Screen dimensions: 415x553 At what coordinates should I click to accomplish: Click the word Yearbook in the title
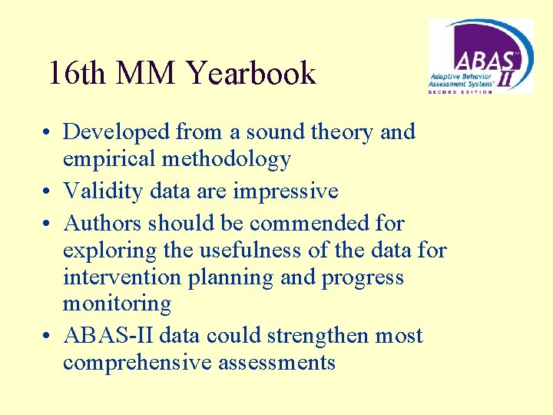(x=251, y=74)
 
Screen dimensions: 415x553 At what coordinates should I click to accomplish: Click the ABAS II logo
(x=480, y=55)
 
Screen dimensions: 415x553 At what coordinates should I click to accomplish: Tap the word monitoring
(x=117, y=304)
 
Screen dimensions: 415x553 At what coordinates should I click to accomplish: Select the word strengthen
(x=322, y=337)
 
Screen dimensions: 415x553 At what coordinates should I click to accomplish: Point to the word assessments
(x=277, y=364)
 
